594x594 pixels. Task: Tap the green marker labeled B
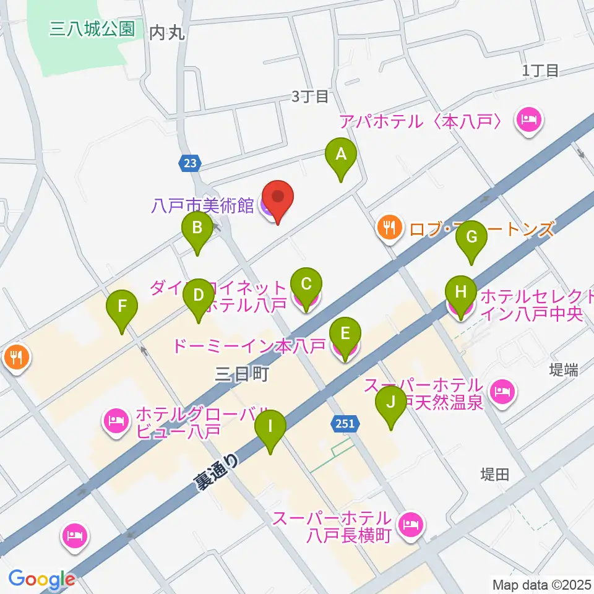click(x=197, y=230)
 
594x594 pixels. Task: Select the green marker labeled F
click(x=122, y=308)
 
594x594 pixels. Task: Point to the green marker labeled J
click(x=390, y=403)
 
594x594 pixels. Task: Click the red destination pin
click(x=278, y=198)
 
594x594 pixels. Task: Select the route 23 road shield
click(x=191, y=163)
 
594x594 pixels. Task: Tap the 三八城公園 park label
click(x=93, y=30)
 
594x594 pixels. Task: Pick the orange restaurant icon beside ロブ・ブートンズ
click(x=389, y=228)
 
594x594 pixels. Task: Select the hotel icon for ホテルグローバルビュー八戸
click(x=116, y=421)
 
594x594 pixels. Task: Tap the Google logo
click(x=41, y=579)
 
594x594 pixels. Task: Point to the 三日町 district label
click(x=242, y=374)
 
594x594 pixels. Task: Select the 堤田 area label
click(x=495, y=475)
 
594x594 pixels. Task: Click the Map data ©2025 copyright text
click(x=541, y=583)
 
